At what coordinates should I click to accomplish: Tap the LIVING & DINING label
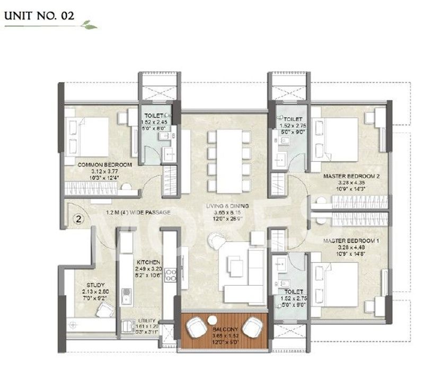[x=228, y=206]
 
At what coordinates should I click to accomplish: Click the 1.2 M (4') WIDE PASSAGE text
[x=137, y=213]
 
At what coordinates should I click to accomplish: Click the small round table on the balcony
[x=213, y=320]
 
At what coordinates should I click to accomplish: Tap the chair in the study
[x=104, y=310]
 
